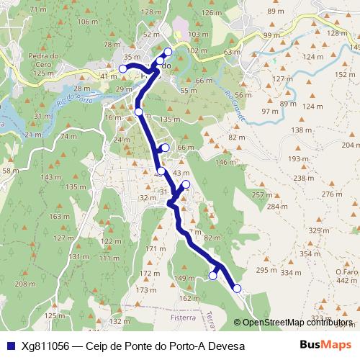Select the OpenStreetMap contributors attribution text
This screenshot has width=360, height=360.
297,323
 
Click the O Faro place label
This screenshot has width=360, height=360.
346,271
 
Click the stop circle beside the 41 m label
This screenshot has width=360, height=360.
122,68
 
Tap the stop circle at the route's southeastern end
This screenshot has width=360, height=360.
237,289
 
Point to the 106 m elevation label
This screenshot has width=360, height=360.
86,22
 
